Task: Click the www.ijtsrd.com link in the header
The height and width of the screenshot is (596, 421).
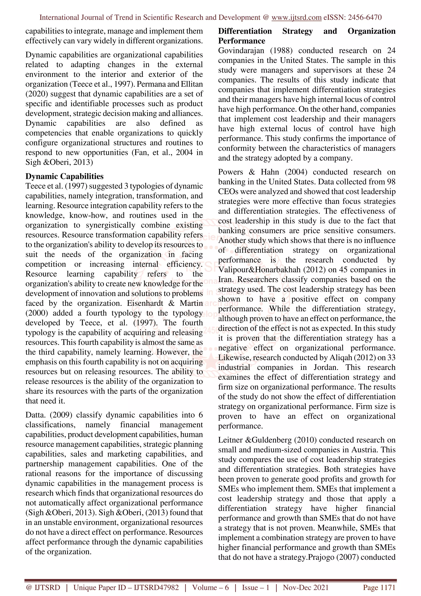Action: click(x=296, y=17)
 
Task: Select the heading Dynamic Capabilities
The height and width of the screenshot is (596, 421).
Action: click(x=64, y=176)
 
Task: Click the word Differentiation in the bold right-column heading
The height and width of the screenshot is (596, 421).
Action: click(x=245, y=31)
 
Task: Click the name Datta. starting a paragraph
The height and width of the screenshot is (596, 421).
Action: click(x=36, y=415)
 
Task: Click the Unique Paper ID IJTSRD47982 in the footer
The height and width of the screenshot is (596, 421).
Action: click(x=126, y=587)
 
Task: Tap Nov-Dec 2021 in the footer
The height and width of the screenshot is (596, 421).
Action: click(x=305, y=587)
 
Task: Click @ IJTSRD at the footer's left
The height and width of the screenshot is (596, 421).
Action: click(x=43, y=587)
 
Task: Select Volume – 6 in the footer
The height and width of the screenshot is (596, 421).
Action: click(x=210, y=587)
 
